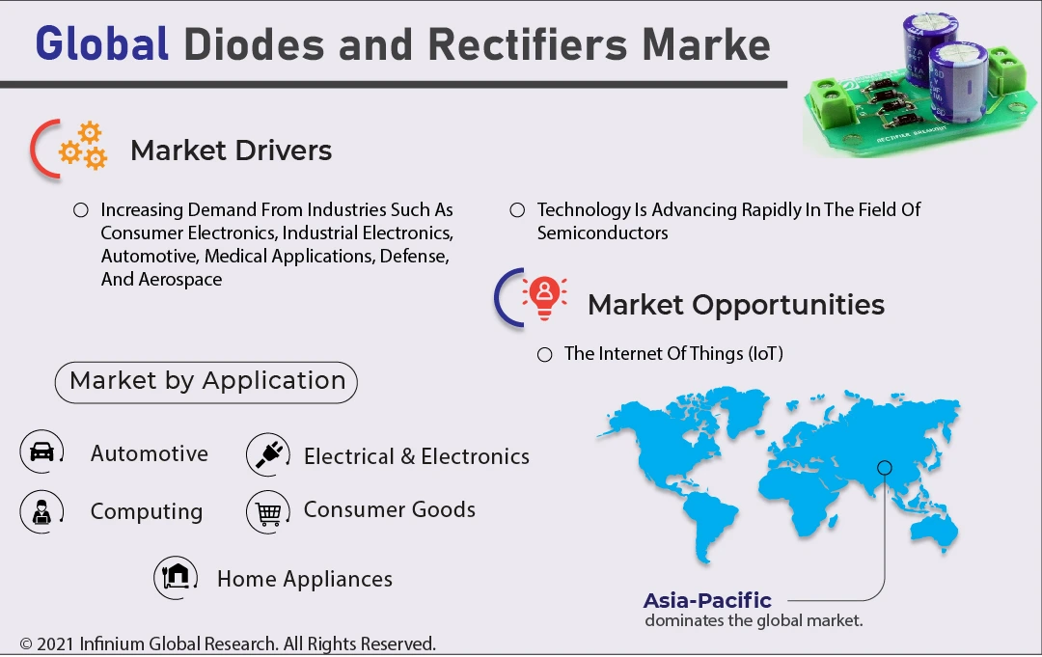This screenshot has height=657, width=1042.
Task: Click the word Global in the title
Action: point(101,44)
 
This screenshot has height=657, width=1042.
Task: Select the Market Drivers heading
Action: point(231,151)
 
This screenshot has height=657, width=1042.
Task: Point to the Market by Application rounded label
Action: point(206,381)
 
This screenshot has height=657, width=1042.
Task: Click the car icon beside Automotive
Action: point(41,452)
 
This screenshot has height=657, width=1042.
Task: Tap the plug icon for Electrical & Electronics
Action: point(267,454)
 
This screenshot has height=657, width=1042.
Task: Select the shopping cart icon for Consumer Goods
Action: point(267,511)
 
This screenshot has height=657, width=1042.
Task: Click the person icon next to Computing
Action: point(41,511)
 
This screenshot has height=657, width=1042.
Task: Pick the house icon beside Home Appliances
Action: point(176,577)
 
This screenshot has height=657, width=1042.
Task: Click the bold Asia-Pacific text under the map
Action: point(707,600)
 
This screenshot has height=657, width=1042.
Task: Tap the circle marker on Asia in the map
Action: point(884,468)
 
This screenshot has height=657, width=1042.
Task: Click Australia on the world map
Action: point(928,527)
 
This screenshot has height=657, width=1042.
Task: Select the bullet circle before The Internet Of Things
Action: point(545,354)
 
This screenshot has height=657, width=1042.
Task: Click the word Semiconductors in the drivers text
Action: point(602,233)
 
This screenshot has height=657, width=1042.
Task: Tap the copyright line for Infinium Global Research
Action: point(228,643)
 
